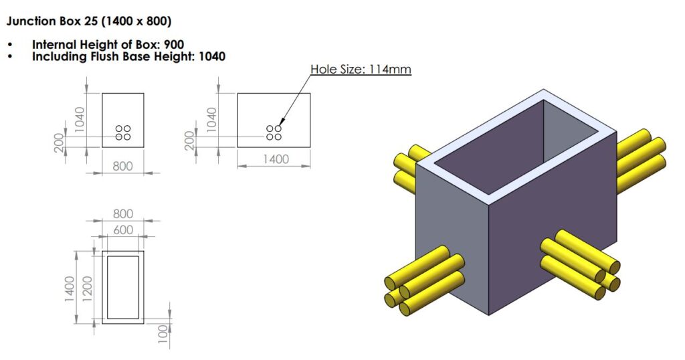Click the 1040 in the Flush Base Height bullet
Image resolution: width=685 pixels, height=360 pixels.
[x=211, y=57]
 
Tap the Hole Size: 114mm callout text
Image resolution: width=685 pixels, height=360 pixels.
[x=361, y=69]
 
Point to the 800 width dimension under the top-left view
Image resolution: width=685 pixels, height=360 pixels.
[x=122, y=166]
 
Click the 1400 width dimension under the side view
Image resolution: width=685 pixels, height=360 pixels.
[x=274, y=159]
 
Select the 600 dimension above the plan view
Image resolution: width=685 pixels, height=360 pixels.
[x=122, y=230]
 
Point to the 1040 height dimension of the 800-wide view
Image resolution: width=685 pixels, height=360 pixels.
[x=80, y=120]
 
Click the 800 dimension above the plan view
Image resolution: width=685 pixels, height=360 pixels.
[x=122, y=214]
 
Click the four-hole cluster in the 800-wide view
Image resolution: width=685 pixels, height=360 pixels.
[x=123, y=132]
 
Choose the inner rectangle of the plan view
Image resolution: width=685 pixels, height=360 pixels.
[x=123, y=286]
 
